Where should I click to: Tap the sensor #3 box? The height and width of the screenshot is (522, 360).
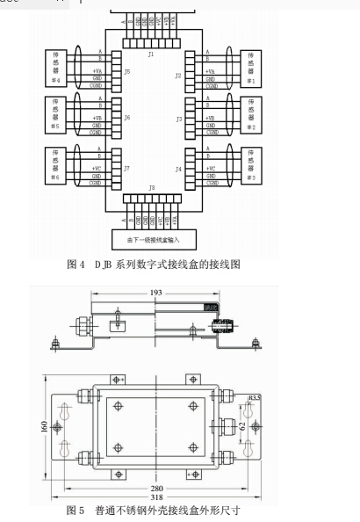[x=253, y=163]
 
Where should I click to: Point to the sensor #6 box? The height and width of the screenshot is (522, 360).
[x=54, y=163]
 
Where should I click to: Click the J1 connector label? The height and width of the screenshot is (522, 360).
[x=152, y=54]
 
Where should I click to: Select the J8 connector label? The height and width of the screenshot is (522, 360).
[x=152, y=188]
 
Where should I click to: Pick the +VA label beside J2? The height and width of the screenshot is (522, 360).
[x=210, y=71]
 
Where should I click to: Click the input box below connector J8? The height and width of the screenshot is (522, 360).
[x=153, y=238]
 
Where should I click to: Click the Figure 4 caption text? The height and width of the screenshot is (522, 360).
[x=153, y=264]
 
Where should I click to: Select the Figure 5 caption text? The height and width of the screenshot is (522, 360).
[x=154, y=510]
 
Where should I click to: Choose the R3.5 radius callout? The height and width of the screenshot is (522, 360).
[x=255, y=398]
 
